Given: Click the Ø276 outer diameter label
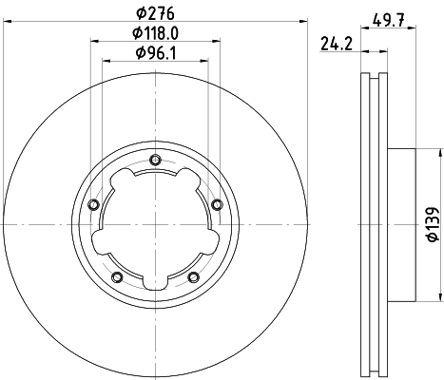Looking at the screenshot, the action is pyautogui.click(x=155, y=13).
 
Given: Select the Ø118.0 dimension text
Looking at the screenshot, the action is pyautogui.click(x=155, y=33).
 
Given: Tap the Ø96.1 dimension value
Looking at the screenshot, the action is pyautogui.click(x=155, y=53).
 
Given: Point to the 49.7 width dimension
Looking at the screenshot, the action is pyautogui.click(x=388, y=21).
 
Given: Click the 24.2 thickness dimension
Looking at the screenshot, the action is pyautogui.click(x=337, y=44).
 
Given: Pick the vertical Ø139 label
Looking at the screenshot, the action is pyautogui.click(x=433, y=224).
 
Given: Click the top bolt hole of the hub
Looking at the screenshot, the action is pyautogui.click(x=155, y=160).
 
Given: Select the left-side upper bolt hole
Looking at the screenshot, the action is pyautogui.click(x=93, y=204).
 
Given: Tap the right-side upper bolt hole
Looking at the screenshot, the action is pyautogui.click(x=217, y=204).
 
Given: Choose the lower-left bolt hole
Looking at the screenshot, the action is pyautogui.click(x=117, y=277).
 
